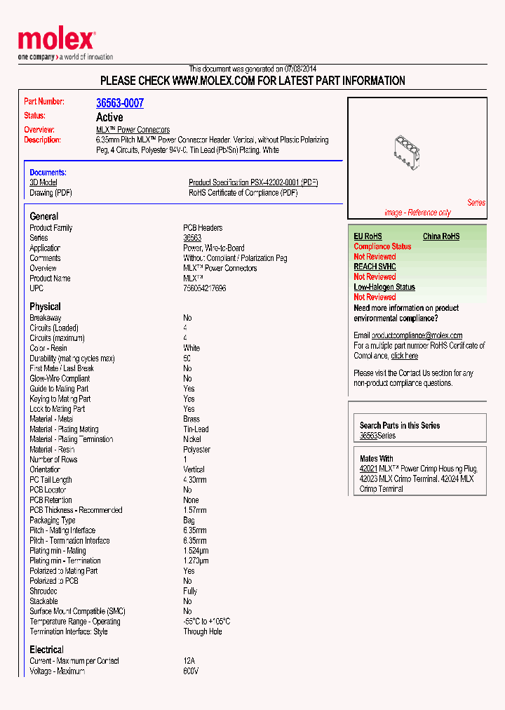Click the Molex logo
point(56,41)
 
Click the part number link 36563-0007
point(120,103)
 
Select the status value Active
point(109,117)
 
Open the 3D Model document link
point(43,182)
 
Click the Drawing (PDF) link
point(50,193)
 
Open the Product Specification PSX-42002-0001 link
point(253,182)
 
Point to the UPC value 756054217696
point(205,288)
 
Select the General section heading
point(44,216)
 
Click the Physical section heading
point(45,307)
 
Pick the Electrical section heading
point(46,650)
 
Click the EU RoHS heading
point(368,236)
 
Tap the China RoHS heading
point(441,236)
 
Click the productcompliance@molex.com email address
point(417,335)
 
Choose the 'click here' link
point(405,356)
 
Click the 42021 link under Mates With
point(368,469)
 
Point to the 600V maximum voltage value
point(191,671)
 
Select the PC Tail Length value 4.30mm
point(195,480)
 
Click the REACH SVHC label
point(375,267)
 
